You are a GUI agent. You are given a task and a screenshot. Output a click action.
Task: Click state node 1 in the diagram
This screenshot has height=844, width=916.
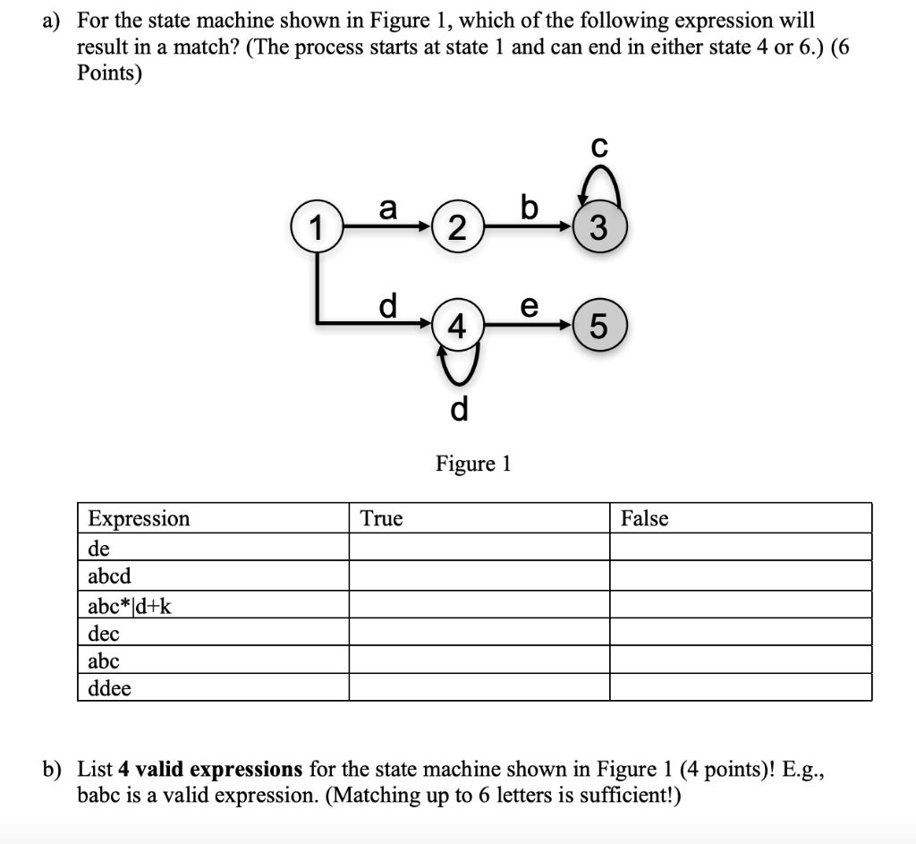314,227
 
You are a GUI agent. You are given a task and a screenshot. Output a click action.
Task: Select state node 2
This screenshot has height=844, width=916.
456,229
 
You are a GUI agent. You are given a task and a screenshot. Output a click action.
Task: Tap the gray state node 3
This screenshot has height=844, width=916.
600,229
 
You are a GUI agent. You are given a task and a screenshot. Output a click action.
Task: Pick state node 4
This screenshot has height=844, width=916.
456,326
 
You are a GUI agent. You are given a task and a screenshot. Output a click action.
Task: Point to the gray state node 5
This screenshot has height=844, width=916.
600,327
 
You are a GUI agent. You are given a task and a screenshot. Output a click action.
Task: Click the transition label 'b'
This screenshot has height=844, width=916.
529,209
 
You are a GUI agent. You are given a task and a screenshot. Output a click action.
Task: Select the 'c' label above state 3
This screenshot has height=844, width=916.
600,146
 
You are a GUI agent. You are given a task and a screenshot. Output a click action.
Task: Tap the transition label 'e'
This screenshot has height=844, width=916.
529,306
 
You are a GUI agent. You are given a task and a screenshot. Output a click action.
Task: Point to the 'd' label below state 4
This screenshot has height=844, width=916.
459,409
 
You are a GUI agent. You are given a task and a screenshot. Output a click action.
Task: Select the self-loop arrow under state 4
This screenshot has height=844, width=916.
457,365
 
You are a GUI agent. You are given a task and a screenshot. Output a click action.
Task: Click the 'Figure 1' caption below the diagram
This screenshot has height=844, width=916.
473,464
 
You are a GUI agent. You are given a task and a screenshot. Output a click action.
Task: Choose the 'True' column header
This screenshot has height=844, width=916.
382,518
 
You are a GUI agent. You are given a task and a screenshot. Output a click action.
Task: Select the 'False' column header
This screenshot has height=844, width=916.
645,518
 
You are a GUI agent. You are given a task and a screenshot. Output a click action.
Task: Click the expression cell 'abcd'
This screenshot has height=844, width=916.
109,575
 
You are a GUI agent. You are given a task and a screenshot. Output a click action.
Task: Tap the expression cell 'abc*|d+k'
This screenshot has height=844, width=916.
131,606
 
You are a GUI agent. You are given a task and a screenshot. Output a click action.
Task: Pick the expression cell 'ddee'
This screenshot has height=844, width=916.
109,688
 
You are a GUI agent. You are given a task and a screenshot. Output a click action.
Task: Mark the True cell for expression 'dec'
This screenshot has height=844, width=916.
479,633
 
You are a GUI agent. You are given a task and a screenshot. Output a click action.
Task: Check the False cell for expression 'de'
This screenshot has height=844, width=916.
741,547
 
